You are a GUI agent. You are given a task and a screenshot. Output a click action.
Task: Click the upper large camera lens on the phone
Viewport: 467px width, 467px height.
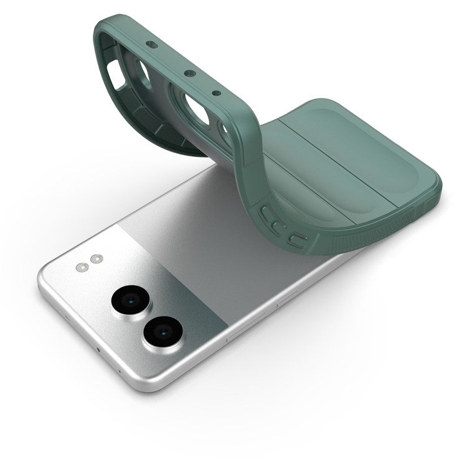pos(129,301)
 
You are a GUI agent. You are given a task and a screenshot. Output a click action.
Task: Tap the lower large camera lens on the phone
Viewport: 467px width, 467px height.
pos(161,331)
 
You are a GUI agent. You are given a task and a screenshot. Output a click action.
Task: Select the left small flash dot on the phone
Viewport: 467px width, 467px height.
pos(82,268)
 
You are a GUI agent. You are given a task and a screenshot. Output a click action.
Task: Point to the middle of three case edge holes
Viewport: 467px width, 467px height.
pos(188,73)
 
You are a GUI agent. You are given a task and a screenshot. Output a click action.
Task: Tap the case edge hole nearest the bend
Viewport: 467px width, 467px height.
pos(216,94)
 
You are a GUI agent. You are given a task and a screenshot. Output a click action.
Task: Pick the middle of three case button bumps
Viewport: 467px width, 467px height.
pos(278,223)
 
